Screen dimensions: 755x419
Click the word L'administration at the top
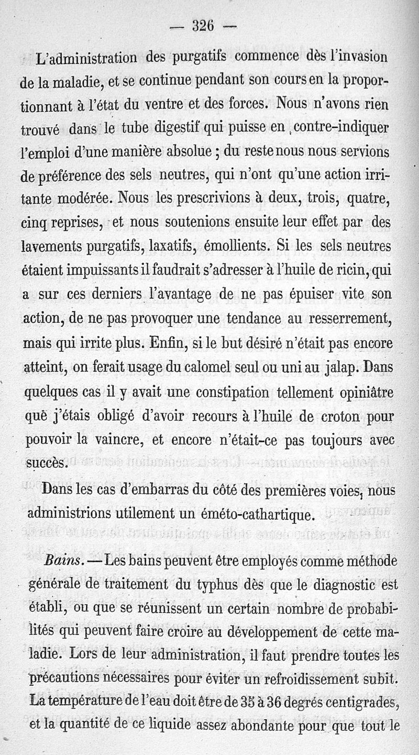point(87,57)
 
